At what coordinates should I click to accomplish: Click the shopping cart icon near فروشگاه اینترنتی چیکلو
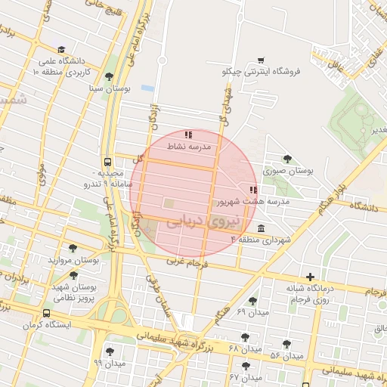tap(261, 60)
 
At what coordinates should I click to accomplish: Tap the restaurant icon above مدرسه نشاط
tap(188, 135)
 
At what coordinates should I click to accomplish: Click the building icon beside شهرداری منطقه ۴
tap(261, 229)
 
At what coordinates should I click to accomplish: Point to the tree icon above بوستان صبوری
tap(286, 158)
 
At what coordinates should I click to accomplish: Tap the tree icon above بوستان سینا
tap(110, 76)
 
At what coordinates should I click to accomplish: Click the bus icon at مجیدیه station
tap(107, 161)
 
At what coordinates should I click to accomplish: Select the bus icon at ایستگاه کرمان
tap(47, 313)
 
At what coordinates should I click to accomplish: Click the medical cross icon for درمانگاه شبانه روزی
tap(310, 276)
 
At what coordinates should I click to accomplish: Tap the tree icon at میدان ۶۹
tap(252, 300)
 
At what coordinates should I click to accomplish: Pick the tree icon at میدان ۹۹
tap(110, 351)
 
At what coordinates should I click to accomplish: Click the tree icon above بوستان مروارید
tap(73, 247)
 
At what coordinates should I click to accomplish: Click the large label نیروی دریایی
tap(201, 221)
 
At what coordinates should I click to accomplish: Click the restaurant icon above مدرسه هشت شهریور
tap(252, 190)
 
